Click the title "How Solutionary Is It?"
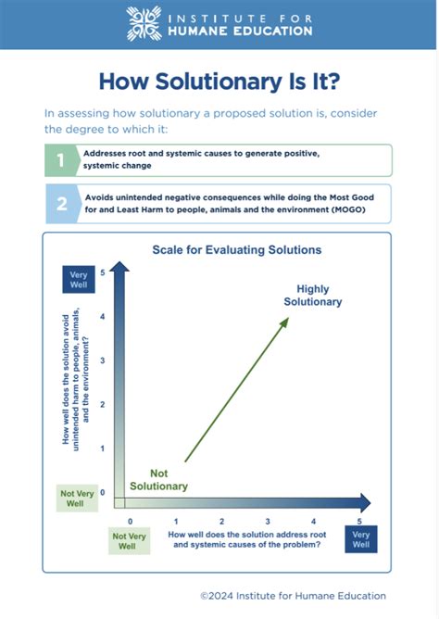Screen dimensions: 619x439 coord(219,82)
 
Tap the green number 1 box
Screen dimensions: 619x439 coord(61,160)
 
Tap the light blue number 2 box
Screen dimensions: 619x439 coord(61,204)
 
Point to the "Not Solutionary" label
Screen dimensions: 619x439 coord(158,480)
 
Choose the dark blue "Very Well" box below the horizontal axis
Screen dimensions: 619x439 coord(361,538)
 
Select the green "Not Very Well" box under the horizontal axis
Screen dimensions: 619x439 coord(130,541)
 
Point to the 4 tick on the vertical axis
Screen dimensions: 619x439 coord(102,317)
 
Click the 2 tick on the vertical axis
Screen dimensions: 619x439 coord(102,405)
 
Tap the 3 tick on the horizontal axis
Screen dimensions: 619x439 coord(268,522)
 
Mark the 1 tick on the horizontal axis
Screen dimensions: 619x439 coord(176,522)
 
